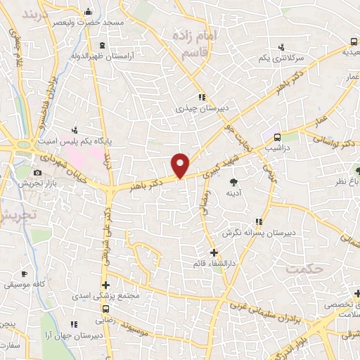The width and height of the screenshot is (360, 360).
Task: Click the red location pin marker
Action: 181,165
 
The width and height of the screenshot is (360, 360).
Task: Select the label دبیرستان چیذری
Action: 199,109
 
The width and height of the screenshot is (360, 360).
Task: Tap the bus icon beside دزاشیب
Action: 277,137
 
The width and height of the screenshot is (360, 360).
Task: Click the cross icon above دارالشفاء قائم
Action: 214,252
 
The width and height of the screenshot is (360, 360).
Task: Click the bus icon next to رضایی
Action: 106,309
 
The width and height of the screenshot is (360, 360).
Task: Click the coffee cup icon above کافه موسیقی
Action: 24,274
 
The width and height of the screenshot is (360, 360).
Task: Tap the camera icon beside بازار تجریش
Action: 37,173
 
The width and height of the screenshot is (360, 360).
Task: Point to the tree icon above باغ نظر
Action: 357,170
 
